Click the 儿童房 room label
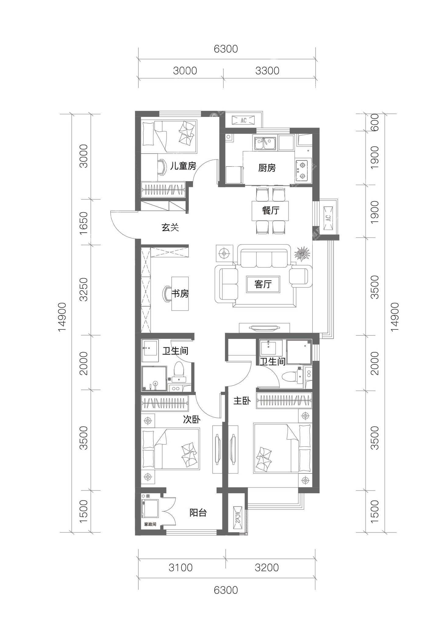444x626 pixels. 183,166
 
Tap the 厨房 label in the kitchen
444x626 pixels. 267,168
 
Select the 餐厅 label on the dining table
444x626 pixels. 270,210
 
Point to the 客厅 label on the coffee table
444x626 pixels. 263,284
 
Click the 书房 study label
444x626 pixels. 180,294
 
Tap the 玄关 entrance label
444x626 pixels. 170,227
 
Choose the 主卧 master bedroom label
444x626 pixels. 242,401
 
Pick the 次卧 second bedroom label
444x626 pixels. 192,420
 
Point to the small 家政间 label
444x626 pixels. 150,524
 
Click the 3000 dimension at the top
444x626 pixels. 185,71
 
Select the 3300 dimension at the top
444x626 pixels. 267,71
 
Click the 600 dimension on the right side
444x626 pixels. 375,122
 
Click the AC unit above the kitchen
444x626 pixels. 243,120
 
